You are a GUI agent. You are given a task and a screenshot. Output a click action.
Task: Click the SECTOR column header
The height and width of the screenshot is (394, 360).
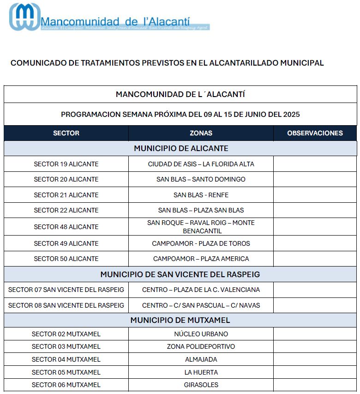tap(66, 133)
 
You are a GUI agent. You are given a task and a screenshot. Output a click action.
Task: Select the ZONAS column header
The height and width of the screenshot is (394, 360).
tap(201, 133)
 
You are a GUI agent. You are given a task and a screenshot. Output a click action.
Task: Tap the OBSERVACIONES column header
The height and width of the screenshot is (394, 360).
tap(315, 133)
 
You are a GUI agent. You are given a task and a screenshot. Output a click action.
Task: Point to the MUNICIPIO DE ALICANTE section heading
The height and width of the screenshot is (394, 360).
tap(181, 148)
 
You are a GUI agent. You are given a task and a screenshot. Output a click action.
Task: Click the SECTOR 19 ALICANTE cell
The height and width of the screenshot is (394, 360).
tap(66, 164)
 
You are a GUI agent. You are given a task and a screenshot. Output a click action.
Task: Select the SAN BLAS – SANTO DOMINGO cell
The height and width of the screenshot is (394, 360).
tap(201, 179)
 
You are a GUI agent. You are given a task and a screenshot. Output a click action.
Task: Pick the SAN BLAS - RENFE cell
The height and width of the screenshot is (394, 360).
tap(201, 195)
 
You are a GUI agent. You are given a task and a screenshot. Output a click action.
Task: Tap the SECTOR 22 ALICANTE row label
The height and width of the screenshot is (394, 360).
tap(66, 210)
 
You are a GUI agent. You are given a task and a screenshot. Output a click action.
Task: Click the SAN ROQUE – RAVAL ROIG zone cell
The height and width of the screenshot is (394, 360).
tap(201, 227)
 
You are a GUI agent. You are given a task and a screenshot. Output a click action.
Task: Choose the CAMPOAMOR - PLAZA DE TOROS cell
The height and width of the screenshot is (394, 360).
tap(201, 243)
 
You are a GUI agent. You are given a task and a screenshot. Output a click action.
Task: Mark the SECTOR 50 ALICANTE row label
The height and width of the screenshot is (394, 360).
tap(66, 259)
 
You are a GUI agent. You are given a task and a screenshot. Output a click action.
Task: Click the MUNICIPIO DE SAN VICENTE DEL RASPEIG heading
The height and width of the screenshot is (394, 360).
tap(180, 274)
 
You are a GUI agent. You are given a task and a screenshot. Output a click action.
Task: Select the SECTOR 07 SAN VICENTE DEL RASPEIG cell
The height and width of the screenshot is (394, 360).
tap(66, 290)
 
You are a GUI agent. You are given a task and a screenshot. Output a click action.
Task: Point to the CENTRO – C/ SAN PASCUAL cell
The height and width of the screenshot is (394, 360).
tap(201, 305)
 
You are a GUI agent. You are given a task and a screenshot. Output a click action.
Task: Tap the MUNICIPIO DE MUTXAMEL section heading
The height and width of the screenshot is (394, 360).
tap(180, 320)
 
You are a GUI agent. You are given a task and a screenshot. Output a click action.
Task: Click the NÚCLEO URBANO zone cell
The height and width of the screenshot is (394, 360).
tap(201, 334)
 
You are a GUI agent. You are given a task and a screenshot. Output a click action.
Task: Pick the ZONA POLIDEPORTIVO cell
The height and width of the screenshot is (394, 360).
tap(201, 346)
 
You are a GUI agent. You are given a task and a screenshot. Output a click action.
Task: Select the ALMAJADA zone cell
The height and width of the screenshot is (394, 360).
tap(201, 359)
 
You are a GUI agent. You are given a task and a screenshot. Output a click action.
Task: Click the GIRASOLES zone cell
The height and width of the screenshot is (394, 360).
tap(201, 385)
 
